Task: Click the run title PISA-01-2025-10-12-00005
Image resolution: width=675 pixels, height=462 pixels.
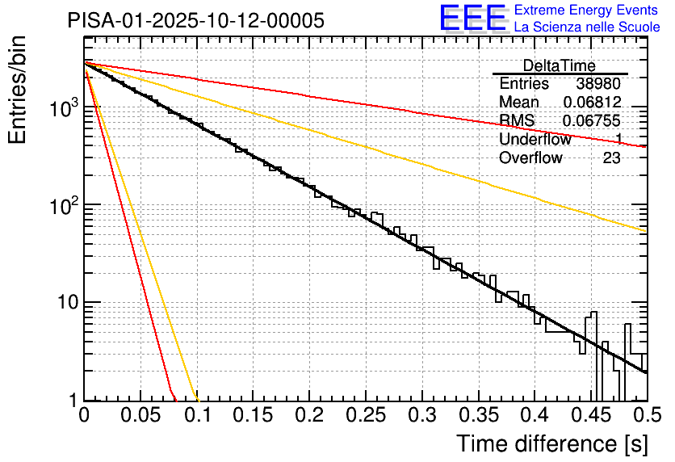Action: click(196, 20)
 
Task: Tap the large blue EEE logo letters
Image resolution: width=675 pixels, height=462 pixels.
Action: click(472, 18)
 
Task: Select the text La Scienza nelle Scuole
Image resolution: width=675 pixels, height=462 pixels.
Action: click(587, 27)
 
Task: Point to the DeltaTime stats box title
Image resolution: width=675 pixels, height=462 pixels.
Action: click(559, 65)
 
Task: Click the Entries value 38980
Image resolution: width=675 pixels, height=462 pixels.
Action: click(598, 84)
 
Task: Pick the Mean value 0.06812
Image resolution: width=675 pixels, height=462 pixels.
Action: click(592, 103)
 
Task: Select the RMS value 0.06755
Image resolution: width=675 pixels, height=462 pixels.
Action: click(592, 121)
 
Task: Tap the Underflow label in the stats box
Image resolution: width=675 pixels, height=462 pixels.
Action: click(535, 140)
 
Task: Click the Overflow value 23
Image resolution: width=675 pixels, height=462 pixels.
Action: click(611, 158)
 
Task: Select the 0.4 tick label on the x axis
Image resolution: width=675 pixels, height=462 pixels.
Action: click(535, 416)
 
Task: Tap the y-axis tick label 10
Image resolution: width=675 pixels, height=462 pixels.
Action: click(65, 303)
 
